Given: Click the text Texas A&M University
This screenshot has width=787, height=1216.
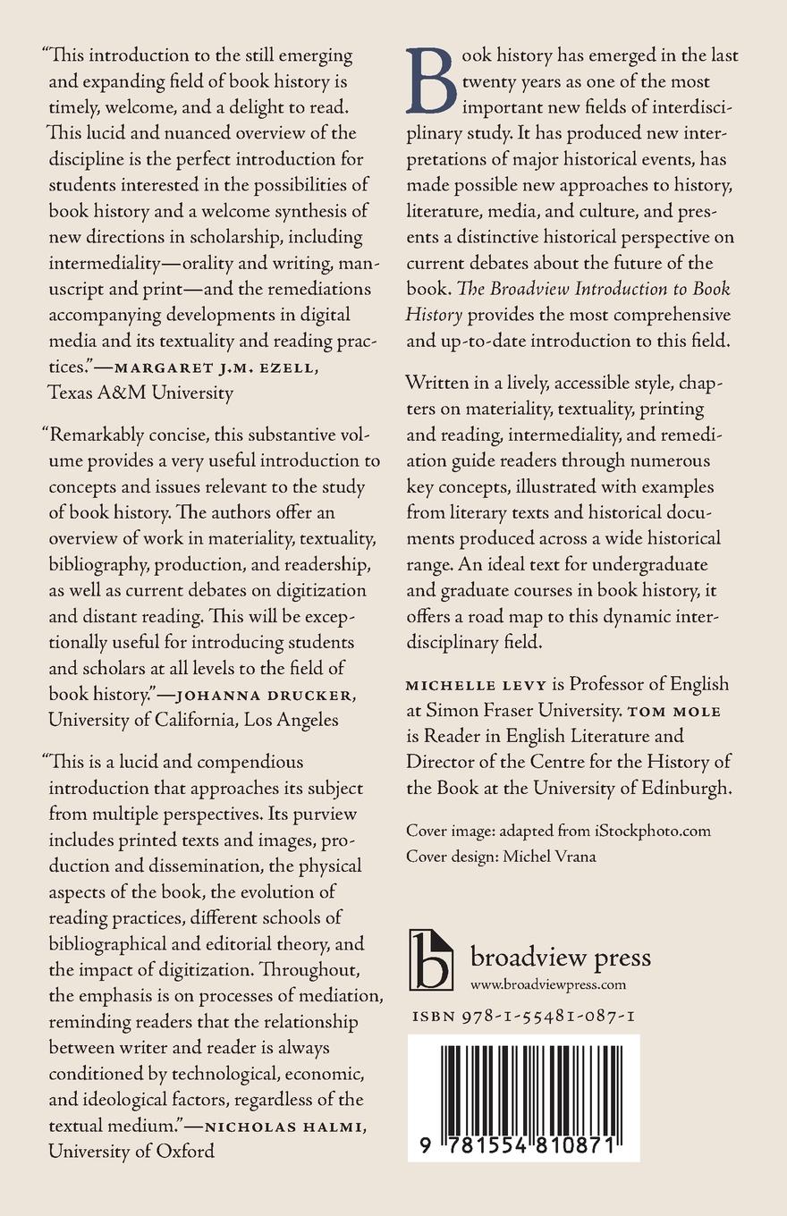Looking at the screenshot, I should [x=140, y=392].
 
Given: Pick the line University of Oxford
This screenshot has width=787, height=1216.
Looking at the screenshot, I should [x=131, y=1151].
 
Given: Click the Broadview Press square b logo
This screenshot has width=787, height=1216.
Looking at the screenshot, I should [x=431, y=959].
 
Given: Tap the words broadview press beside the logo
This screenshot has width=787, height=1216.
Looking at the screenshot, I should [x=560, y=957].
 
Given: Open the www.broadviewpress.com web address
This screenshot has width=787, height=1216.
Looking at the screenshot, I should [x=547, y=985].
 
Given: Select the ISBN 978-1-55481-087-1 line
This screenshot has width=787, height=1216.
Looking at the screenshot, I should [x=524, y=1017].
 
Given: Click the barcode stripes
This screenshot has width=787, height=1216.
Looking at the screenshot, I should [x=524, y=1083].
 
